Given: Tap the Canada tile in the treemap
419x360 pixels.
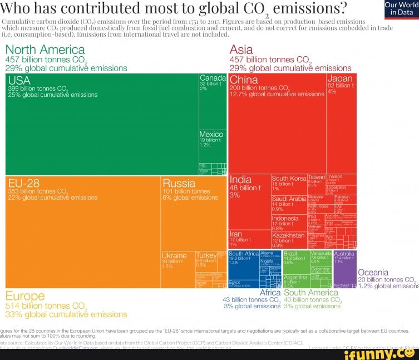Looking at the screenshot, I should pyautogui.click(x=213, y=100).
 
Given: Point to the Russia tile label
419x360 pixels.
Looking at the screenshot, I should pyautogui.click(x=179, y=184).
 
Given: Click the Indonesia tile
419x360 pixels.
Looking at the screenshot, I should pyautogui.click(x=288, y=222).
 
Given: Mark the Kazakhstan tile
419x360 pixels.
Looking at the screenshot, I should pyautogui.click(x=288, y=240).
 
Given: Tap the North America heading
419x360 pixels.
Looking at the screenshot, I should pyautogui.click(x=45, y=50).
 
